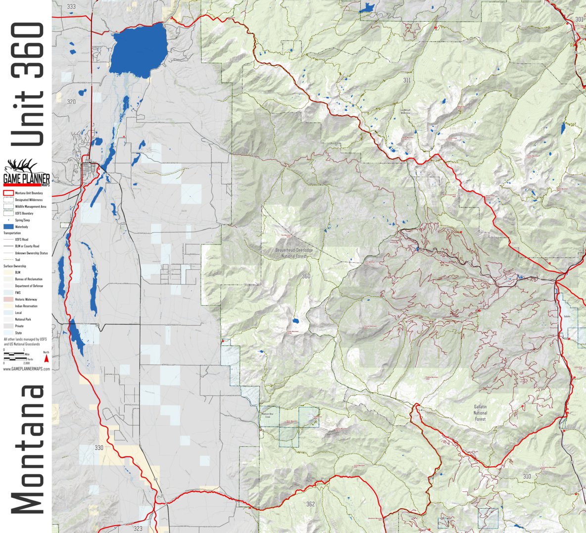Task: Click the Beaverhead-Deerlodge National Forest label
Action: (x=294, y=253)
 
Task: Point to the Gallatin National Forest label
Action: (x=480, y=413)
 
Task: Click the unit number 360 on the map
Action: (x=306, y=276)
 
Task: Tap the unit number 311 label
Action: (x=407, y=80)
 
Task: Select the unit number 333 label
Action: (x=71, y=7)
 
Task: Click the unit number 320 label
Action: (x=71, y=101)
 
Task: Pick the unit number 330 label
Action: (x=99, y=448)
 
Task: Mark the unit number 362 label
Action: (x=310, y=504)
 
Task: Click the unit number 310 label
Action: (x=527, y=477)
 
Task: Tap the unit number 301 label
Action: (x=579, y=20)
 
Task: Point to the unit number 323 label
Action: (x=138, y=529)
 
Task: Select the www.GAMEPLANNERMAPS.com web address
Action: (x=26, y=369)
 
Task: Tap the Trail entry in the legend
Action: (x=17, y=259)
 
